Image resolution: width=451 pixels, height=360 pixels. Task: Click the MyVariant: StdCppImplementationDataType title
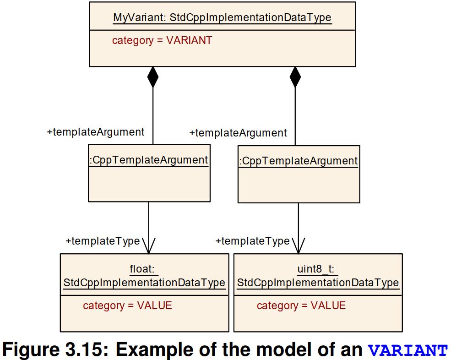click(x=222, y=18)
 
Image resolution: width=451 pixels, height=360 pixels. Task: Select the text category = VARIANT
click(x=162, y=40)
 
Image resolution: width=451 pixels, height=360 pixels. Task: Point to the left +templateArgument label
click(x=96, y=132)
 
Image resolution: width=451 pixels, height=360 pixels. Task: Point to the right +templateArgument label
click(x=238, y=133)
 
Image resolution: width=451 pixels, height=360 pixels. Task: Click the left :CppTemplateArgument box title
click(x=149, y=160)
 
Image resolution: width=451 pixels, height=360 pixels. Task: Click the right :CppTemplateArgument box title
click(x=299, y=161)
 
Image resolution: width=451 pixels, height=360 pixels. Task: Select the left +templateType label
click(x=103, y=241)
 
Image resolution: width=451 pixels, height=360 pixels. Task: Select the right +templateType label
click(x=253, y=241)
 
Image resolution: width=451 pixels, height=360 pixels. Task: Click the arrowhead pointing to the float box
click(x=148, y=246)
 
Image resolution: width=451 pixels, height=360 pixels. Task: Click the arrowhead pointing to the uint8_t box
click(x=298, y=246)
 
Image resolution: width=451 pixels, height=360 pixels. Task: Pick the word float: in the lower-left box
click(x=144, y=269)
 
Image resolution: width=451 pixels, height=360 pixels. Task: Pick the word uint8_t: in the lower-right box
click(x=318, y=269)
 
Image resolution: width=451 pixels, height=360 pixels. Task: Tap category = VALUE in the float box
click(x=127, y=305)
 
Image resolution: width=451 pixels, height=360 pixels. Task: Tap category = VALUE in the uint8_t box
click(x=301, y=305)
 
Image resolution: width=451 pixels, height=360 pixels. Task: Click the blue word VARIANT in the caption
click(x=408, y=350)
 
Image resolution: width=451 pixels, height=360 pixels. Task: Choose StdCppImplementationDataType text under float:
click(x=144, y=283)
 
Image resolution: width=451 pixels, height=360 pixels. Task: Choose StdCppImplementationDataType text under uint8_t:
click(x=318, y=283)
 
